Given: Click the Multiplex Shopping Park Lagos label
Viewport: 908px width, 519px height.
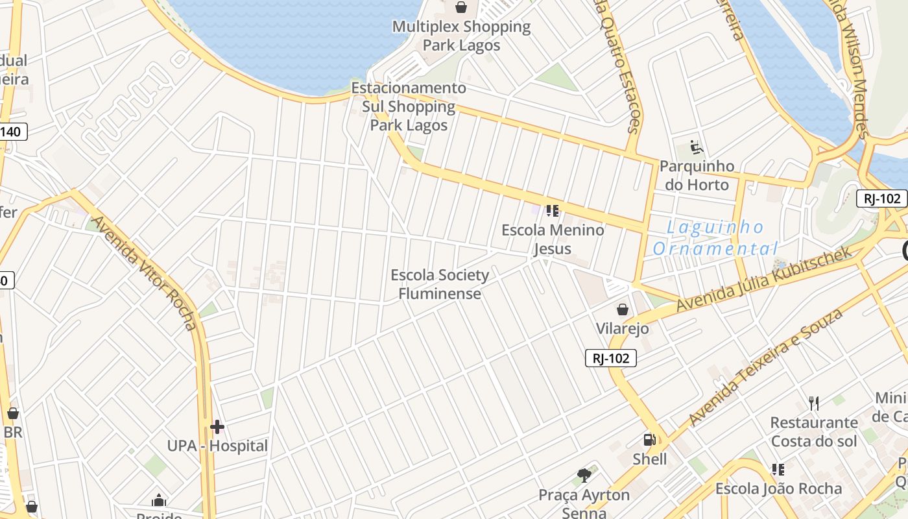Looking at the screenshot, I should point(461,36).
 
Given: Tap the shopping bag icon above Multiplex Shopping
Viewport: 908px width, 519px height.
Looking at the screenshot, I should point(461,7).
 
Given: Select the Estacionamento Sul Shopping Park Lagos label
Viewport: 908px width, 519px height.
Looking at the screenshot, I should point(409,106).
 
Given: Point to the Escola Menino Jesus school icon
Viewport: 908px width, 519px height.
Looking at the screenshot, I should point(553,210).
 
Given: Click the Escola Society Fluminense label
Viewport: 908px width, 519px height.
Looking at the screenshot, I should point(440,284).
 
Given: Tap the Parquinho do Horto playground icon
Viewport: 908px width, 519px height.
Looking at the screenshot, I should point(697,147).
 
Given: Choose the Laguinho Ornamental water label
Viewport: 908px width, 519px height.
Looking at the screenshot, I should point(716,237).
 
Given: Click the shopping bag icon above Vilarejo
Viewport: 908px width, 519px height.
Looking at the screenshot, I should point(623,309).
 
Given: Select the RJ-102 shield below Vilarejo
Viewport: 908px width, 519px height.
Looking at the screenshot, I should point(611,357).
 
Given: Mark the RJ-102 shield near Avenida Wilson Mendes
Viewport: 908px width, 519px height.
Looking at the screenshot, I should point(882,199).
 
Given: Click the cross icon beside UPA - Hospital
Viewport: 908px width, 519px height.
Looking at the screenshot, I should point(217,426).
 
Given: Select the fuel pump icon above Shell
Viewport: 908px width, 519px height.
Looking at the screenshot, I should point(649,440).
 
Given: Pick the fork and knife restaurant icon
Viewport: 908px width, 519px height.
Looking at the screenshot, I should point(814,404).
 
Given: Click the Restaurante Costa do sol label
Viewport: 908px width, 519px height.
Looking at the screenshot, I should point(814,432).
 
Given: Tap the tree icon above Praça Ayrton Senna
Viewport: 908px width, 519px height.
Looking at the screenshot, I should point(584,476).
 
